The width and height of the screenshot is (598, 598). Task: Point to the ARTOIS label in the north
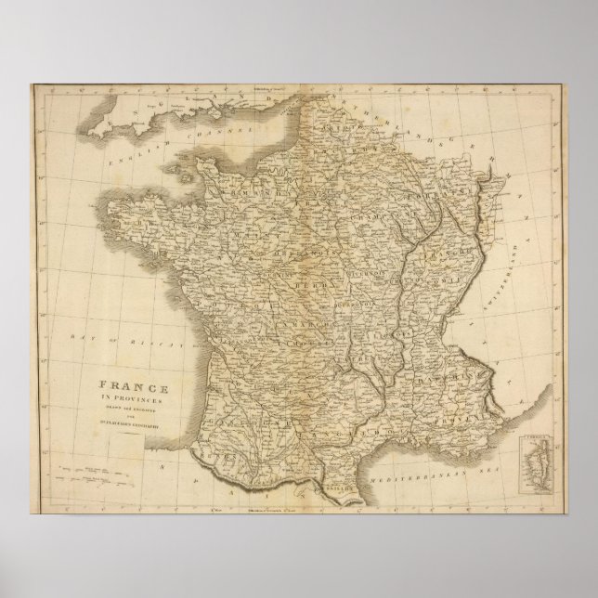click(306, 140)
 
